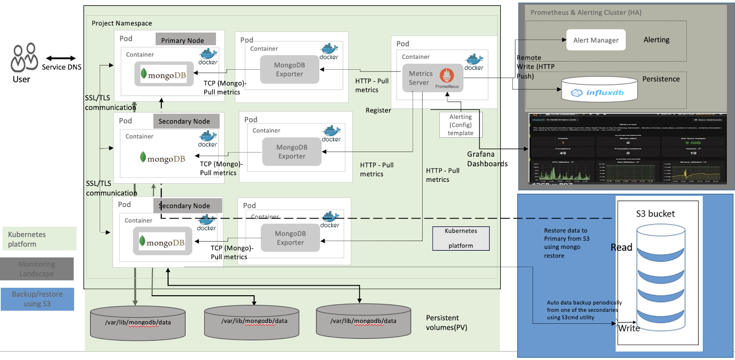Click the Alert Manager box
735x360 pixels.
[x=596, y=40]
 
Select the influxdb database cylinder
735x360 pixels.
[x=599, y=90]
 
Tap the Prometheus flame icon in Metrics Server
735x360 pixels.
[x=447, y=75]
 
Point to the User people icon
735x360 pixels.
[x=24, y=58]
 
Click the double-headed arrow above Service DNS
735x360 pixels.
[x=61, y=58]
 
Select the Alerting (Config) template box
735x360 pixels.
[x=460, y=125]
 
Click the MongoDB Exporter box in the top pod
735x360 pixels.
[x=289, y=69]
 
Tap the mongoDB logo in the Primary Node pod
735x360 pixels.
[x=164, y=74]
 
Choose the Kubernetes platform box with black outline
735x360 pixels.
[x=461, y=238]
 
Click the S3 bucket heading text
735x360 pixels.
[x=655, y=214]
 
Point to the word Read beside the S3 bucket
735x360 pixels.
[x=621, y=247]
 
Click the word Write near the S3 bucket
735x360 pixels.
[x=629, y=328]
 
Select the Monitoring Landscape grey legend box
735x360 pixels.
[x=37, y=269]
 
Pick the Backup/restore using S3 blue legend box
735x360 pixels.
[x=37, y=299]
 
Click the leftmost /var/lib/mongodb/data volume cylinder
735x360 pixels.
[x=138, y=323]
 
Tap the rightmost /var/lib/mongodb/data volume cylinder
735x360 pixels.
[x=363, y=321]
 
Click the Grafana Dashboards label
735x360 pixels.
[x=487, y=159]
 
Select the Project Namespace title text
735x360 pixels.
[x=122, y=23]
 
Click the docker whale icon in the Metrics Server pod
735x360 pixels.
[x=474, y=62]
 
